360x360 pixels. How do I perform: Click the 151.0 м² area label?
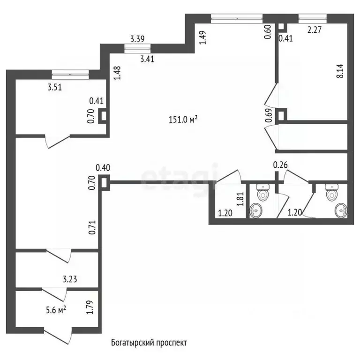[183, 120]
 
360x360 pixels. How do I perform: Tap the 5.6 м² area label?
[56, 310]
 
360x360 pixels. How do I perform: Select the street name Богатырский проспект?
[149, 343]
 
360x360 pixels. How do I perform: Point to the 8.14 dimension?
[340, 71]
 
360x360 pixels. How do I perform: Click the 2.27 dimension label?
[315, 30]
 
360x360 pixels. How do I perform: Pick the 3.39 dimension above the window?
[137, 39]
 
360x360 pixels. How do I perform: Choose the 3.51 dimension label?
[55, 87]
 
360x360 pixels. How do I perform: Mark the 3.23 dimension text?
[70, 279]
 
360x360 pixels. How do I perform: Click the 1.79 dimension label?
[90, 307]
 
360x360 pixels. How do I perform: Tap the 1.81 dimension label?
[240, 199]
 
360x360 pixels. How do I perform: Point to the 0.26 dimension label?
[280, 165]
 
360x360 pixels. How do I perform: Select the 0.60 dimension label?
[268, 32]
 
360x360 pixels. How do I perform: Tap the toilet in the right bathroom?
[332, 192]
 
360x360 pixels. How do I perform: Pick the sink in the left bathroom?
[256, 210]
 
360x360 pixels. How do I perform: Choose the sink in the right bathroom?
[341, 210]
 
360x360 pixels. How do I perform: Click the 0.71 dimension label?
[92, 227]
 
